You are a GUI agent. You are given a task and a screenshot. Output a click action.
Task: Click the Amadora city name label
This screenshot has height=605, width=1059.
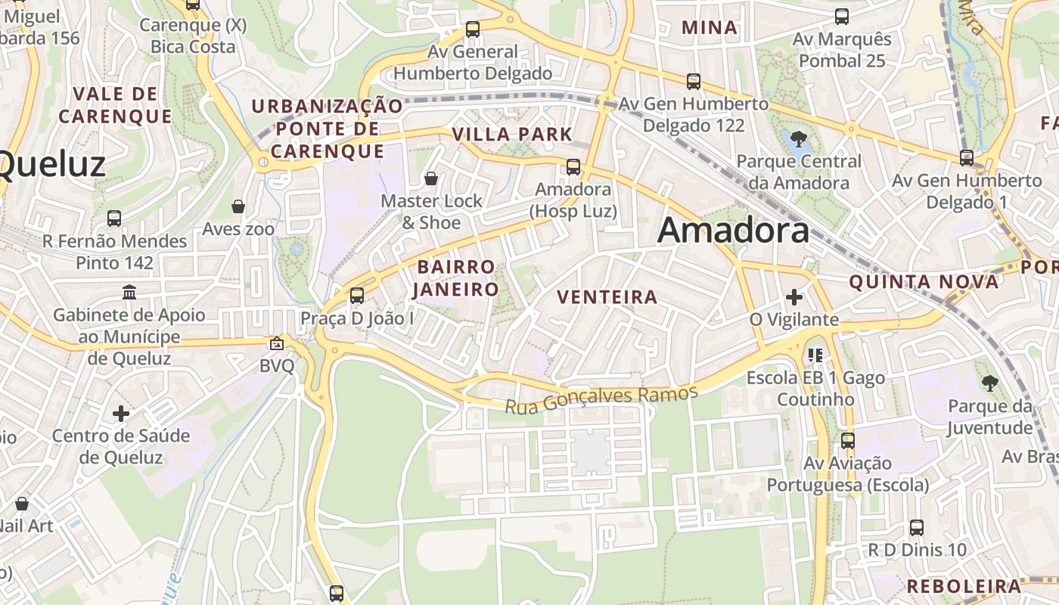pyautogui.click(x=733, y=230)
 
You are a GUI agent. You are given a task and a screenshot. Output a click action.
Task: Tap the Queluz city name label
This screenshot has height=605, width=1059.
pyautogui.click(x=51, y=163)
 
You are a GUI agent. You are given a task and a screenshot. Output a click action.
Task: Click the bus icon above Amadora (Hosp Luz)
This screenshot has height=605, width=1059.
pyautogui.click(x=573, y=167)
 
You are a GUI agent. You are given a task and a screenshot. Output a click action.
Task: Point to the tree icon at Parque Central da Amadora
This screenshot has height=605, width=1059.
pyautogui.click(x=798, y=138)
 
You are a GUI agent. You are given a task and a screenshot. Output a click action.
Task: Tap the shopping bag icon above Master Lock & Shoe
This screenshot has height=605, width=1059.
pyautogui.click(x=431, y=178)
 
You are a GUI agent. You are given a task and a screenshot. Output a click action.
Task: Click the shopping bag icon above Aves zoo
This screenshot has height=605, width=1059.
pyautogui.click(x=238, y=206)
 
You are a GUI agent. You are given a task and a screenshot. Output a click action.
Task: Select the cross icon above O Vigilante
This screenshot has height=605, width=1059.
pyautogui.click(x=793, y=297)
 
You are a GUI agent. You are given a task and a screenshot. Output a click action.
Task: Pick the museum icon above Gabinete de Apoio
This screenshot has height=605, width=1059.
pyautogui.click(x=129, y=292)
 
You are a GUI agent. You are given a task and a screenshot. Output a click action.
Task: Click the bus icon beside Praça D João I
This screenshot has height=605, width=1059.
pyautogui.click(x=357, y=296)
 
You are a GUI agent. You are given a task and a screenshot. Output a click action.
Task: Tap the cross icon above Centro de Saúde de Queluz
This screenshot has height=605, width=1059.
pyautogui.click(x=121, y=414)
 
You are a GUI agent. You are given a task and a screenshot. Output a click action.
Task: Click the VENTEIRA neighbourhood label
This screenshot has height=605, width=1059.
pyautogui.click(x=607, y=297)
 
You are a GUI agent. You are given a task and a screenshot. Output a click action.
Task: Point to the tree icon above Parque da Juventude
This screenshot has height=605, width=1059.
pyautogui.click(x=989, y=384)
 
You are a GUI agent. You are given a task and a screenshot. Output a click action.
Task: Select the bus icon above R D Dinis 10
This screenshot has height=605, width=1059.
pyautogui.click(x=917, y=527)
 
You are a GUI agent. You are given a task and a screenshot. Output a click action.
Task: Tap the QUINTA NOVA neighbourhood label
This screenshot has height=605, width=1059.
pyautogui.click(x=924, y=282)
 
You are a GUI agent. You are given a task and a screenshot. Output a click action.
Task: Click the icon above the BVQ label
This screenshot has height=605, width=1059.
pyautogui.click(x=277, y=343)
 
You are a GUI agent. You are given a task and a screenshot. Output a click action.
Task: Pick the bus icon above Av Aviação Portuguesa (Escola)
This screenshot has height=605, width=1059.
pyautogui.click(x=848, y=440)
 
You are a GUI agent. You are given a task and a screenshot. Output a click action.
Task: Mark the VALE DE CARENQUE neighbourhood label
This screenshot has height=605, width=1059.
pyautogui.click(x=116, y=105)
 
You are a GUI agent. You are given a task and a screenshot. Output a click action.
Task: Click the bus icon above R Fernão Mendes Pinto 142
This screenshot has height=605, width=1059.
pyautogui.click(x=114, y=219)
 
